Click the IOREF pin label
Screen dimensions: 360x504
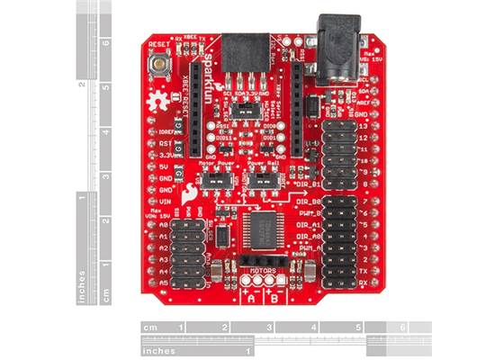click(x=167, y=130)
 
